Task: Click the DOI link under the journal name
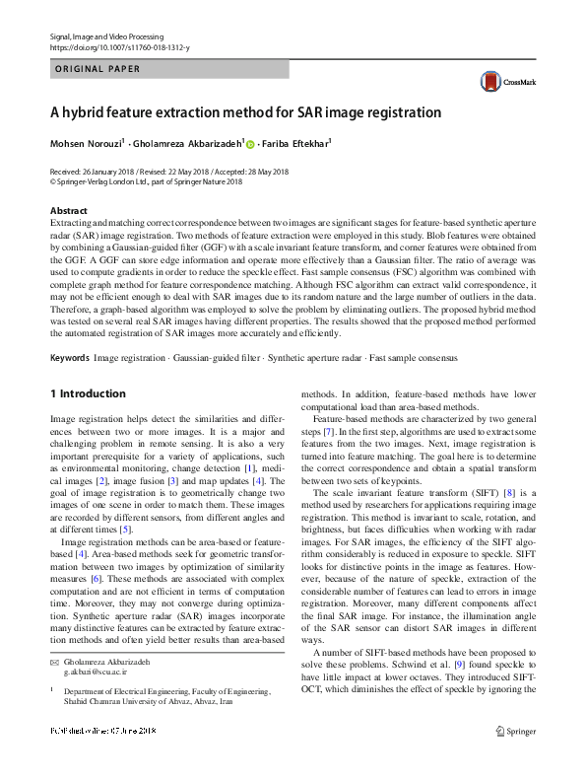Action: click(x=119, y=47)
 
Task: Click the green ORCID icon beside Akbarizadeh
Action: click(x=250, y=145)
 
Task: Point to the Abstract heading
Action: click(x=69, y=211)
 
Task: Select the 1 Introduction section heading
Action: click(x=88, y=394)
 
